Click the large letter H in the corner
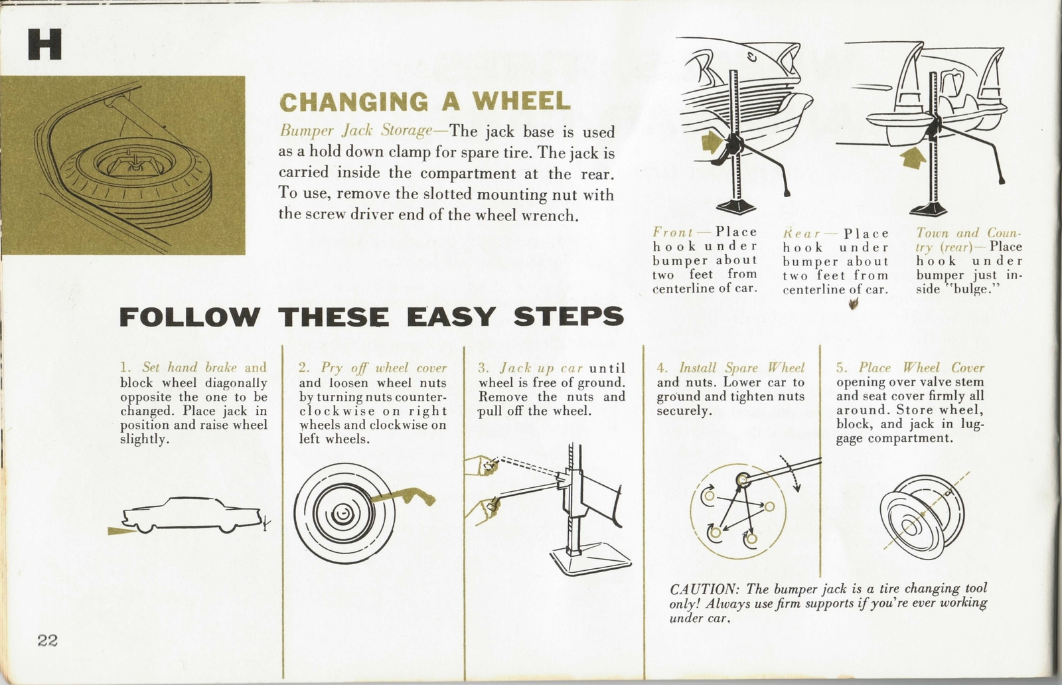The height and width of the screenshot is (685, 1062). (44, 45)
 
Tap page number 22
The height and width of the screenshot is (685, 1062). (48, 641)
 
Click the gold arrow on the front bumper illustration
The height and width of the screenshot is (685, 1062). (712, 141)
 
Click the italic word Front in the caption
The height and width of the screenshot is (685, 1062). (673, 232)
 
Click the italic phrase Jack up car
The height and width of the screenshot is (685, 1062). (541, 368)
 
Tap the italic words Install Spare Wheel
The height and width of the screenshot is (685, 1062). (741, 368)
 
